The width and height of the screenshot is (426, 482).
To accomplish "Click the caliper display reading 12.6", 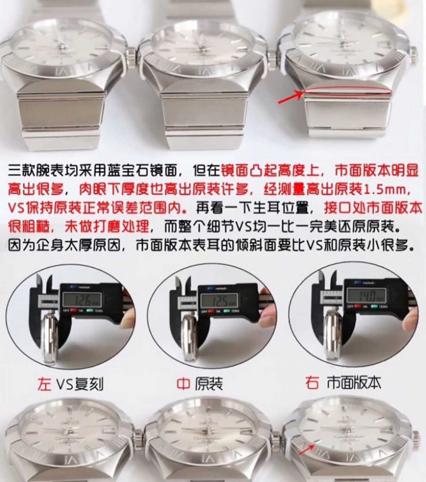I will coord(82,299).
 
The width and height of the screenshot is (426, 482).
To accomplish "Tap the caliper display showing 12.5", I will coord(219,300).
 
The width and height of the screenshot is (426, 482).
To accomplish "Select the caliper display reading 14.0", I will coord(366,296).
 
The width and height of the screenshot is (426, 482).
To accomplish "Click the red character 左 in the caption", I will coord(44,384).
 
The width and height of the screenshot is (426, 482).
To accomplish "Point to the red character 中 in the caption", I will coord(183,384).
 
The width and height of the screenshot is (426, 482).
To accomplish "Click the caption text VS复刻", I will coord(80,385).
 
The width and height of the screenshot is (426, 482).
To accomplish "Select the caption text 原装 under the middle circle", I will coord(209,384).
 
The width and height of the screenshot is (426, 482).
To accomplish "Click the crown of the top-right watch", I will coord(414,55).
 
